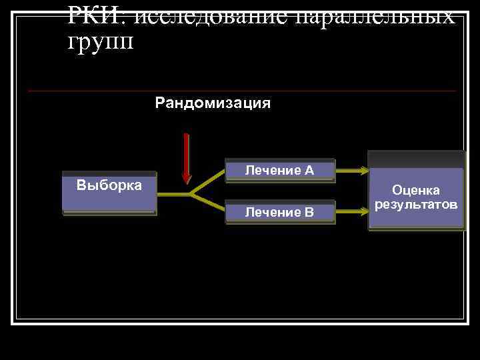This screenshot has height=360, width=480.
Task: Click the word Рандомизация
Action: (213, 103)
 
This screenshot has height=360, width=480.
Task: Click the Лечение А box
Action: (279, 171)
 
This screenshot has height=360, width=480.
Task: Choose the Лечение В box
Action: (279, 212)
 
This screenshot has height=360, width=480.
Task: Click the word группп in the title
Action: (101, 41)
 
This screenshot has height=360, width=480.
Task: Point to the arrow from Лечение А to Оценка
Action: (351, 171)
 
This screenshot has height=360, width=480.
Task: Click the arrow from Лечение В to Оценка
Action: (351, 212)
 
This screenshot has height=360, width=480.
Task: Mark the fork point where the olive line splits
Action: (191, 194)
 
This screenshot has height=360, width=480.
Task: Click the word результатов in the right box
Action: (416, 203)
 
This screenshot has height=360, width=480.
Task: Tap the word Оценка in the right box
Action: (416, 191)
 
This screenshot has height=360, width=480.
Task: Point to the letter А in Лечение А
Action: (309, 171)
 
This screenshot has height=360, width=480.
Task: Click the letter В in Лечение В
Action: (309, 213)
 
